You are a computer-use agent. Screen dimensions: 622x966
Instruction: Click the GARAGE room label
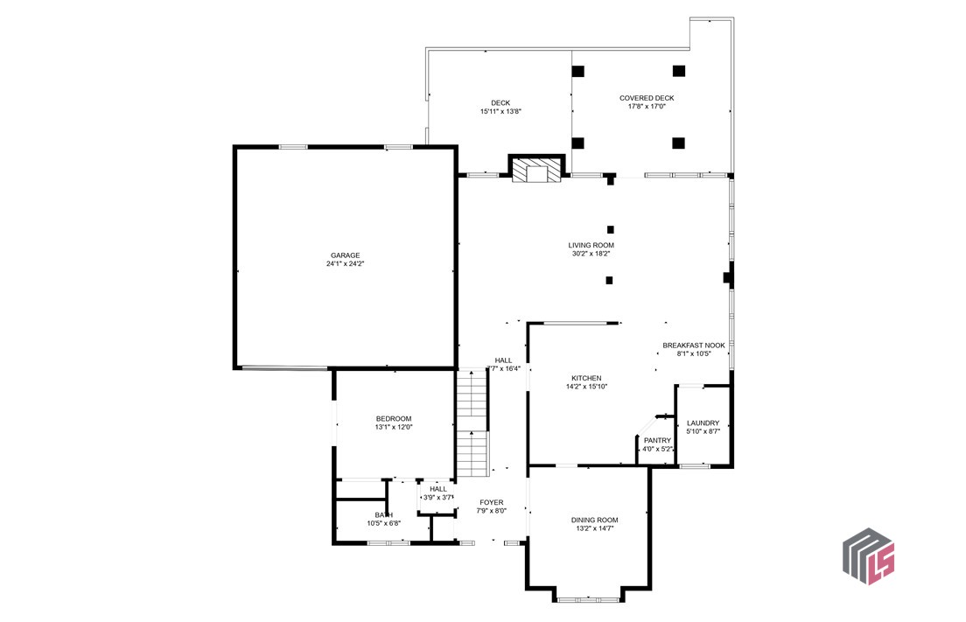pos(345,255)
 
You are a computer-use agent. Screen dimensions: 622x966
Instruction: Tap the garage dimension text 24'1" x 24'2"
pos(345,263)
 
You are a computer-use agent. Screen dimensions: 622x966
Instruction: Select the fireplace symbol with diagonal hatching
pos(535,171)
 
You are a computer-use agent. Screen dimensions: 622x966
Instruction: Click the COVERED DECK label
pos(647,98)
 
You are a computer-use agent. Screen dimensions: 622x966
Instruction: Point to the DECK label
pos(500,103)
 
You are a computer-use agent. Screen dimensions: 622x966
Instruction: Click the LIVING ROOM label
pos(591,245)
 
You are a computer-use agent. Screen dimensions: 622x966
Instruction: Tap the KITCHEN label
pos(586,378)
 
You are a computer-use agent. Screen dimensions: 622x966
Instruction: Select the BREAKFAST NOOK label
pos(694,346)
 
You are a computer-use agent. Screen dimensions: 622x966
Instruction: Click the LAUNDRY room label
pos(703,423)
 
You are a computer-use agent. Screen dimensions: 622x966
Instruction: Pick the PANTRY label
pos(657,440)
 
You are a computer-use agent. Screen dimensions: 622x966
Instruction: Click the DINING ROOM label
pos(595,520)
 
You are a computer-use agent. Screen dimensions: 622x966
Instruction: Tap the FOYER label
pos(491,502)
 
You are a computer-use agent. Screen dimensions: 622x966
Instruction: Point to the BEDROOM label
pos(394,418)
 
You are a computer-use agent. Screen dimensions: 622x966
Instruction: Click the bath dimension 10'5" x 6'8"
pos(383,523)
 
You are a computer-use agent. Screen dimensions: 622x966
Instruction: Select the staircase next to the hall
pos(472,424)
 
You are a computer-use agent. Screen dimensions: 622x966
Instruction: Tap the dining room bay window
pos(588,599)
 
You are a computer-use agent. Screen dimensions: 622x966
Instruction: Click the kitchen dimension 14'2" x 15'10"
pos(586,387)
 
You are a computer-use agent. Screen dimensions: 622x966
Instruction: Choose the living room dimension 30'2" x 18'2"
pos(591,254)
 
